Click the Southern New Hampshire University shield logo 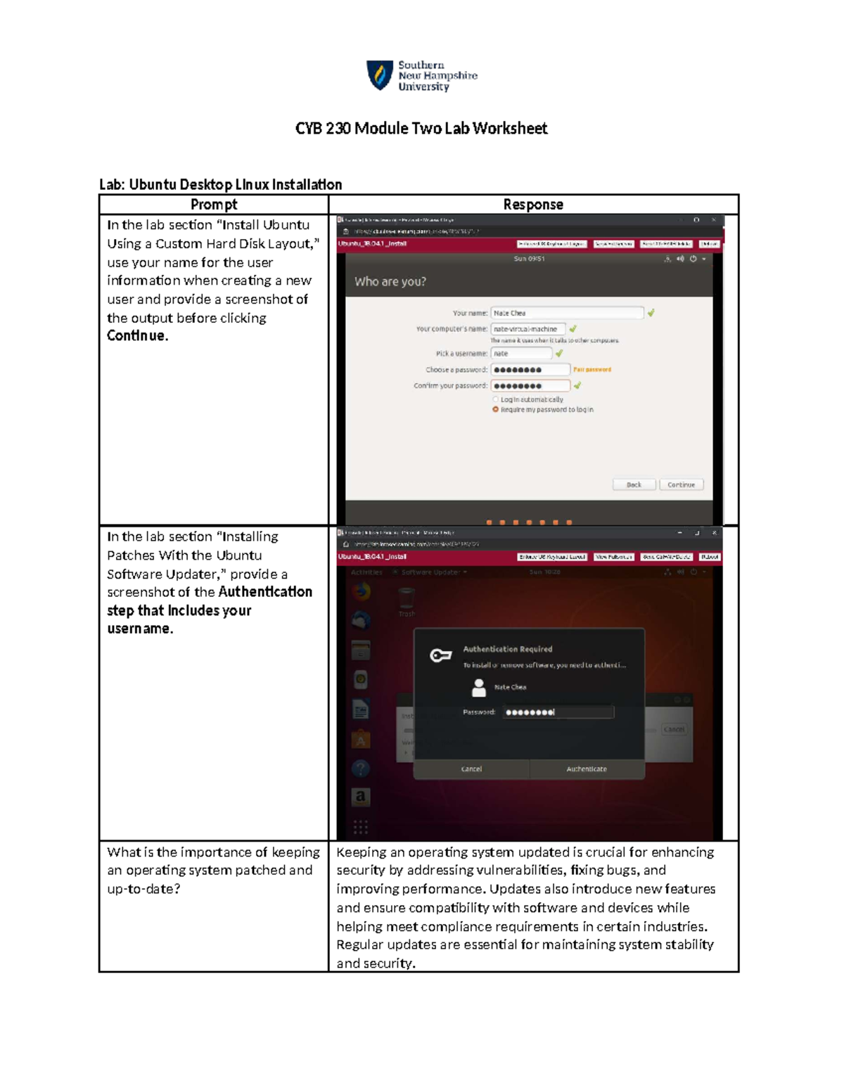379,75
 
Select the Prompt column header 214,205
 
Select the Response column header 533,205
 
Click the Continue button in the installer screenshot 681,484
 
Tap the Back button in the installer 634,484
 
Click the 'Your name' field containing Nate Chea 566,313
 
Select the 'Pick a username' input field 521,354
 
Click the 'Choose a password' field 530,370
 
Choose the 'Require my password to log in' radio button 496,409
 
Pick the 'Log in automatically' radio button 496,399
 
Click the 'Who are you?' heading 390,281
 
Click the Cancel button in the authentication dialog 471,769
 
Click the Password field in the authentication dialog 558,712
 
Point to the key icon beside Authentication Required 441,656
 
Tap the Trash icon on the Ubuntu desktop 407,600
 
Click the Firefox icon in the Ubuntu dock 361,591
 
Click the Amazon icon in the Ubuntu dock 361,797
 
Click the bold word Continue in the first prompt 137,336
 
